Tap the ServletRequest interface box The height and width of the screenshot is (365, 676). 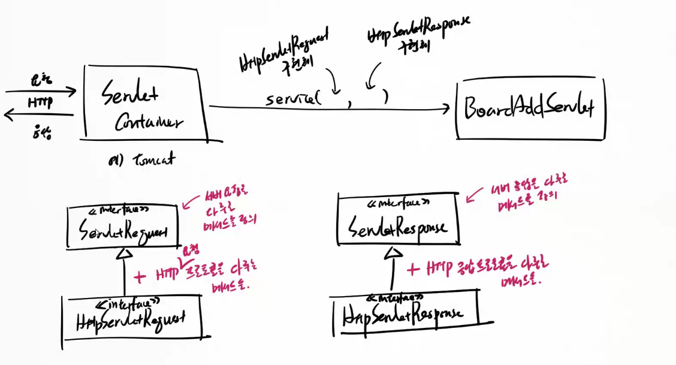tap(123, 227)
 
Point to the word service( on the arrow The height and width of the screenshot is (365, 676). tap(293, 99)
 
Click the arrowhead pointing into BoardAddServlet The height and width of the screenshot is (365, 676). tap(445, 108)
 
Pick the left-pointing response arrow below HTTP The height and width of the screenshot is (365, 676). tap(38, 116)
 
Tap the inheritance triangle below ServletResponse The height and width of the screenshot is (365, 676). tap(393, 252)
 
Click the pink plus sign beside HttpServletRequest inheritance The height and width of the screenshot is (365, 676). tap(140, 276)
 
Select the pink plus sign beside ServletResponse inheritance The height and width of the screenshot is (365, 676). tap(414, 269)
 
